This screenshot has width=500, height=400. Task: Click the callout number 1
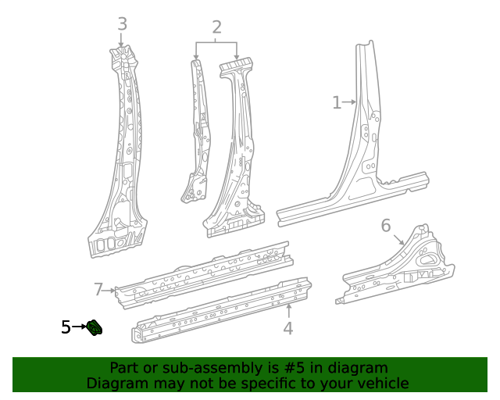click(337, 102)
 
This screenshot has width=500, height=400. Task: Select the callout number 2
click(216, 28)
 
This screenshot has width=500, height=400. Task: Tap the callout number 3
click(122, 24)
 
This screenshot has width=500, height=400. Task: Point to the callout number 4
click(287, 328)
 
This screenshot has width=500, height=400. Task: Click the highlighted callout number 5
click(66, 327)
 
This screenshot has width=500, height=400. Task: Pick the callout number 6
click(386, 226)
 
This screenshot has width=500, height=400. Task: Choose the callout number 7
click(98, 290)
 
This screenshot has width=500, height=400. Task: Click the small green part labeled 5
click(95, 327)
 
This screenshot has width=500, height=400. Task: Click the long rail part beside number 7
click(203, 273)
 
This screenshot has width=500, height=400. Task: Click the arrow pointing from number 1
click(350, 102)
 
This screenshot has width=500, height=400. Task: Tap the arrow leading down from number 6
click(398, 237)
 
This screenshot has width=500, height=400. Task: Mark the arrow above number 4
click(288, 310)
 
